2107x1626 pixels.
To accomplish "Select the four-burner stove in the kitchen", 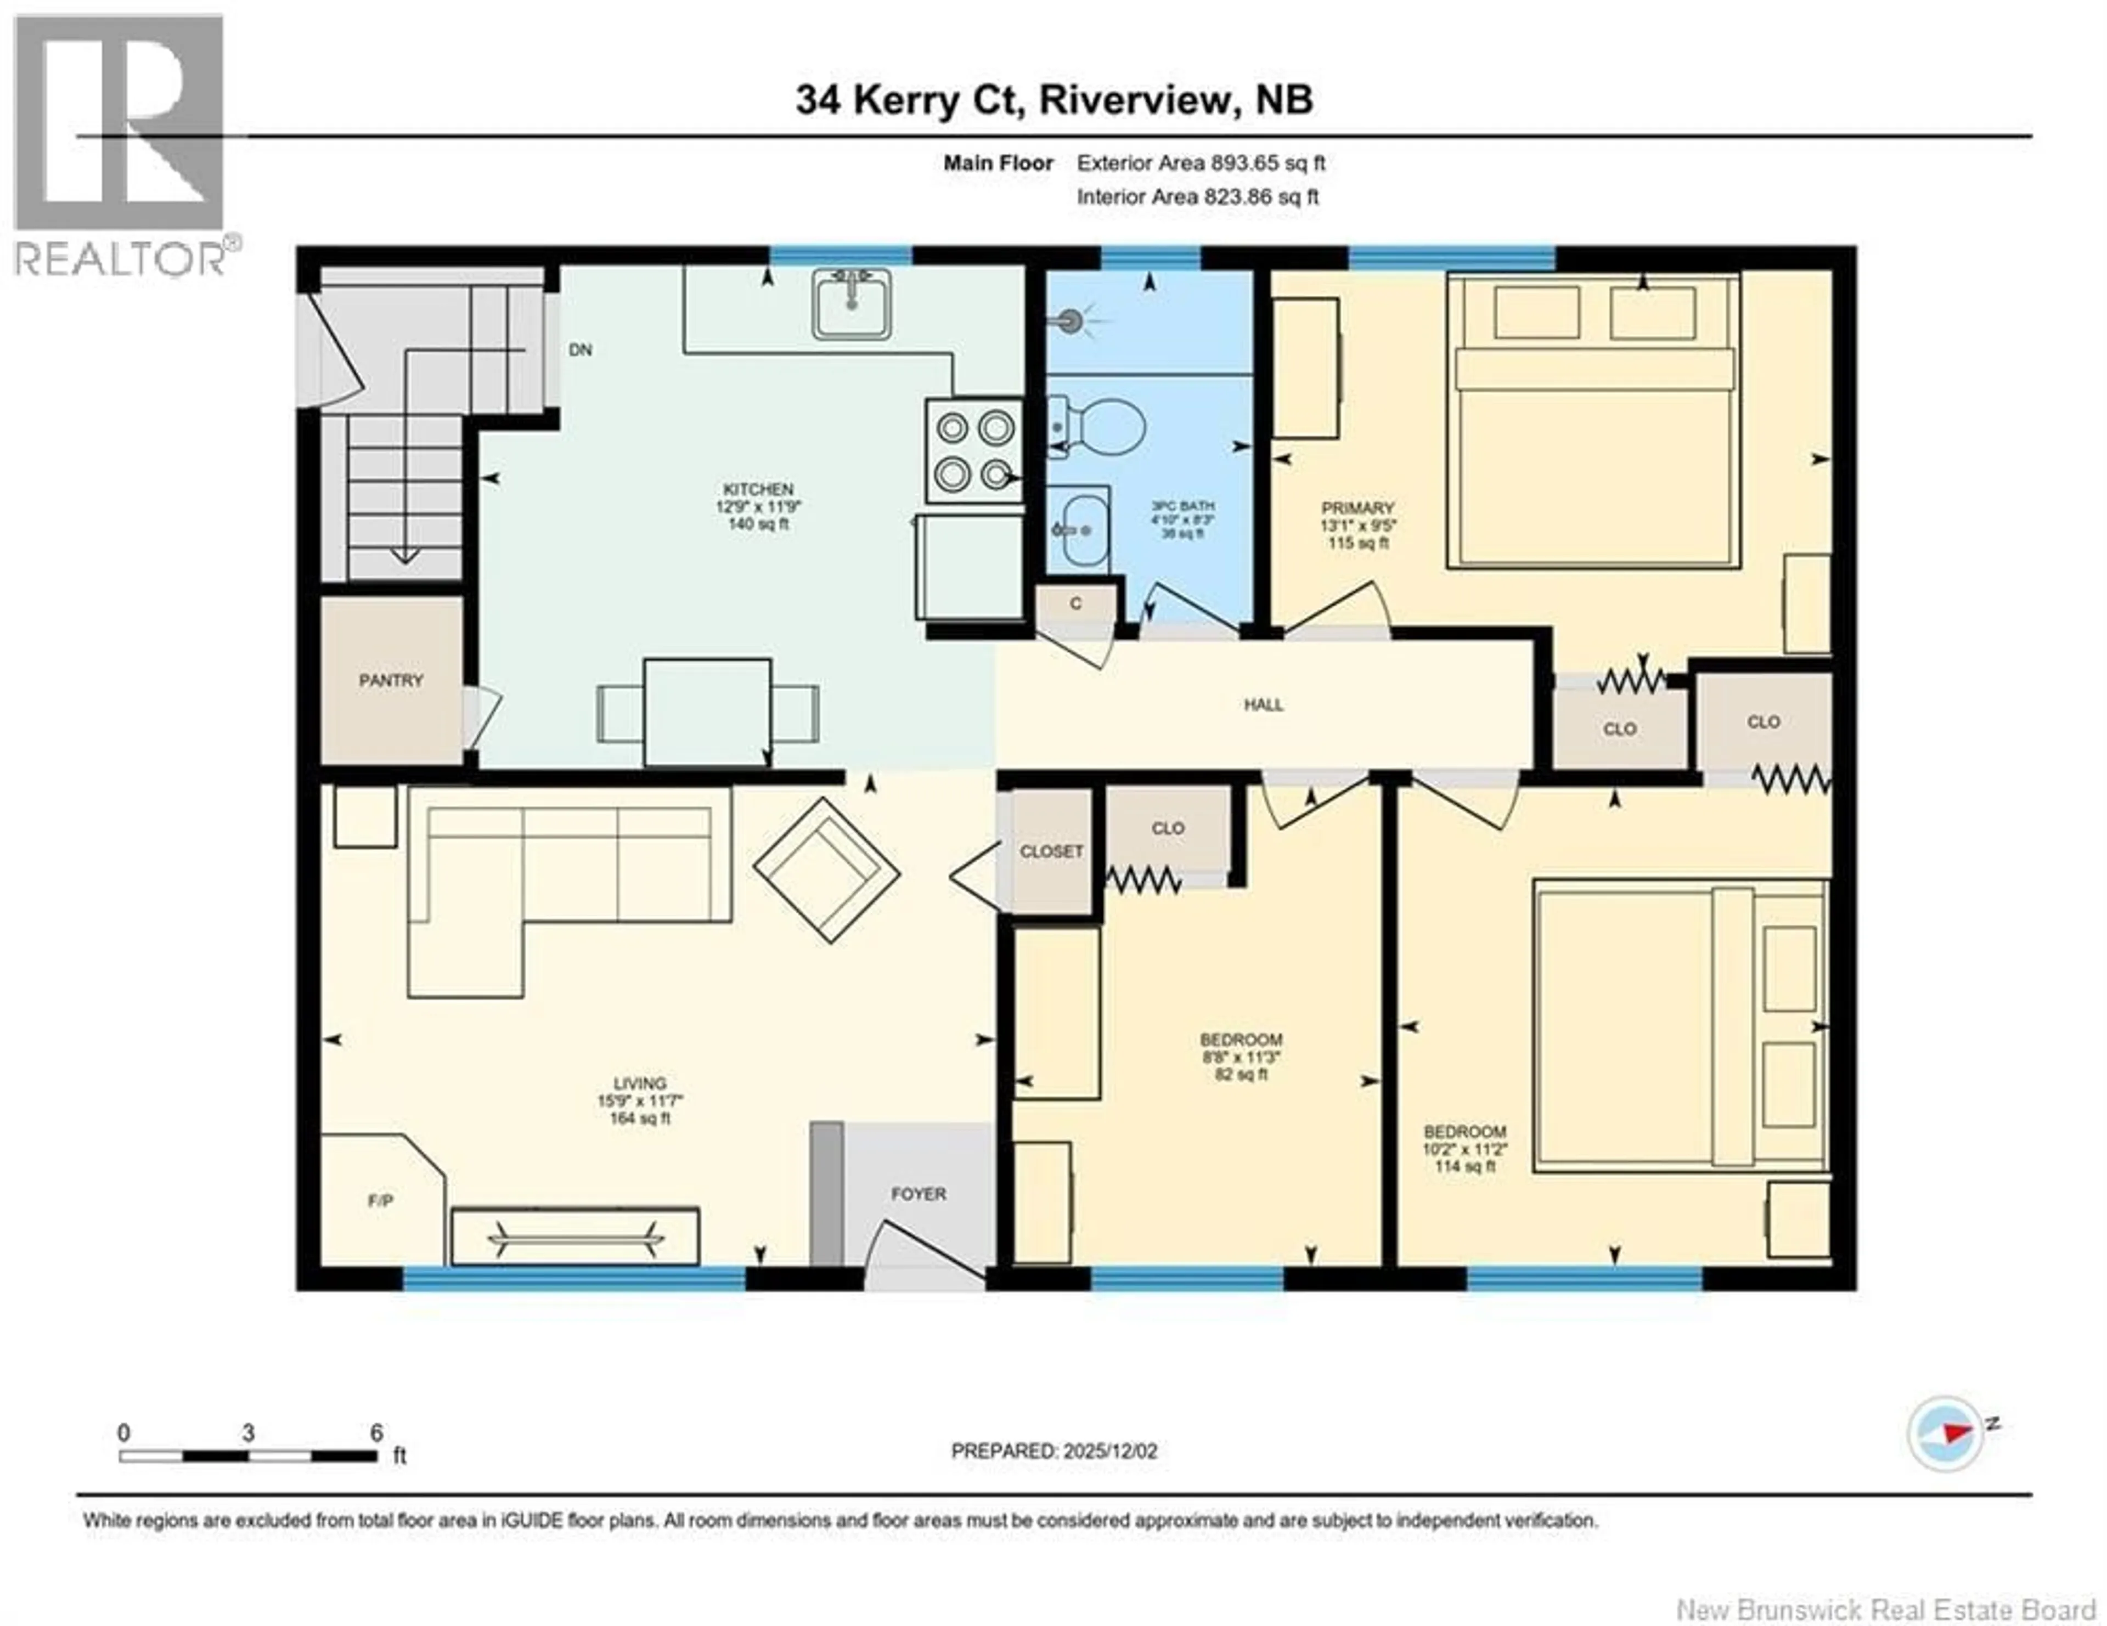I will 974,450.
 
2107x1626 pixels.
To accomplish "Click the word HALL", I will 1263,705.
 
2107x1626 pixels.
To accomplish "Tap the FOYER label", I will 917,1194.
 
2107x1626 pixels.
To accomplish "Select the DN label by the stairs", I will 580,350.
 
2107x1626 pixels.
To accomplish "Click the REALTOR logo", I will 121,145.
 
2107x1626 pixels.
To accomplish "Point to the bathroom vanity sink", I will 1079,528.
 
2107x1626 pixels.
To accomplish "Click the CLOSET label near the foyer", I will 1051,851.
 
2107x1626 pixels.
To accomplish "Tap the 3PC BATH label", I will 1182,505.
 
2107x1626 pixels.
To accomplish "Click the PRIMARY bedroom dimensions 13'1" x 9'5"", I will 1359,526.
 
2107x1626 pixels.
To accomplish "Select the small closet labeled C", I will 1075,604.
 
